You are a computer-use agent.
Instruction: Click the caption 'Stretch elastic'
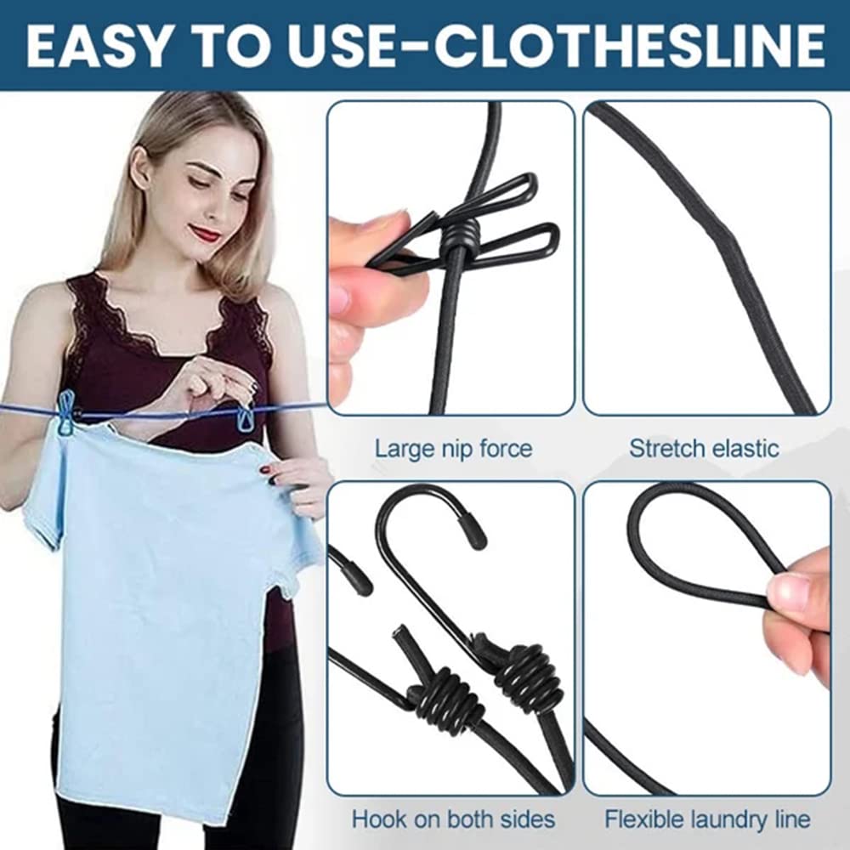point(704,448)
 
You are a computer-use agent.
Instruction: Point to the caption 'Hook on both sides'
point(453,819)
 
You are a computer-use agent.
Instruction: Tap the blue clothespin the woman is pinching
point(246,416)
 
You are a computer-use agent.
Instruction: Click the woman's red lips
point(205,232)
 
